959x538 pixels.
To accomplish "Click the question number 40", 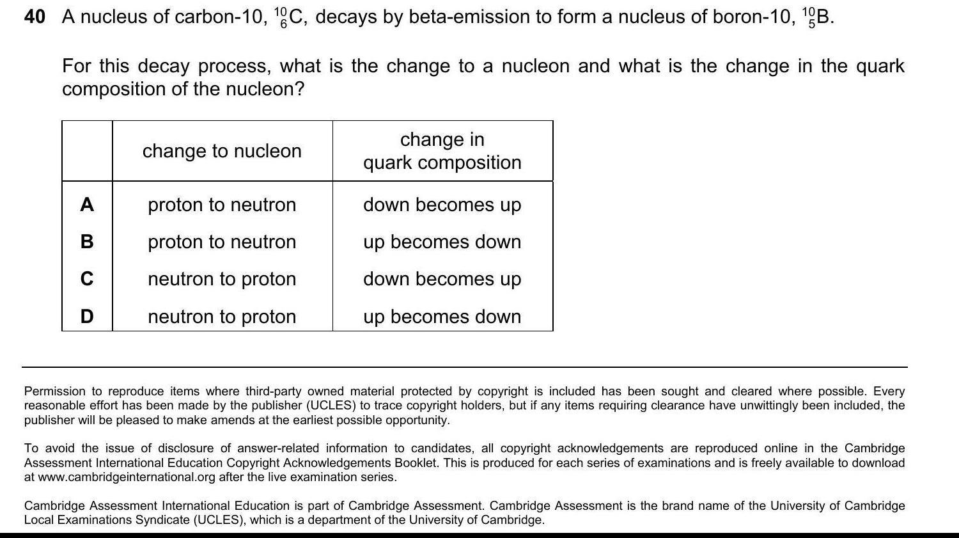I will coord(35,17).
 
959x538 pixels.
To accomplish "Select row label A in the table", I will coord(87,205).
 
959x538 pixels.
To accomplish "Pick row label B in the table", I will coord(87,242).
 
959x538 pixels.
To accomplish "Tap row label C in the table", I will coord(87,279).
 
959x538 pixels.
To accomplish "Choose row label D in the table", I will coord(87,317).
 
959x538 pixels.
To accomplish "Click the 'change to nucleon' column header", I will coord(222,151).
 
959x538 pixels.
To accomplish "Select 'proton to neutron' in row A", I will coord(222,205).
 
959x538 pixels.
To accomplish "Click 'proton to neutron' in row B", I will coord(222,242).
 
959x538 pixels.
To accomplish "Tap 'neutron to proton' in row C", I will coord(222,279).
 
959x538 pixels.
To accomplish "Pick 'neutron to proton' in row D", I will coord(222,317).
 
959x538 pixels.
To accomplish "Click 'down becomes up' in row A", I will coord(442,205).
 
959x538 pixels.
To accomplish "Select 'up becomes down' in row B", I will coord(442,242).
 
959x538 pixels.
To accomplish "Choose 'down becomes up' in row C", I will coord(442,279).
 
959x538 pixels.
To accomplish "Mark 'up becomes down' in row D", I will coord(442,317).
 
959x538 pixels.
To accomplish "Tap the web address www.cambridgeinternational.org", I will coord(127,477).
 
